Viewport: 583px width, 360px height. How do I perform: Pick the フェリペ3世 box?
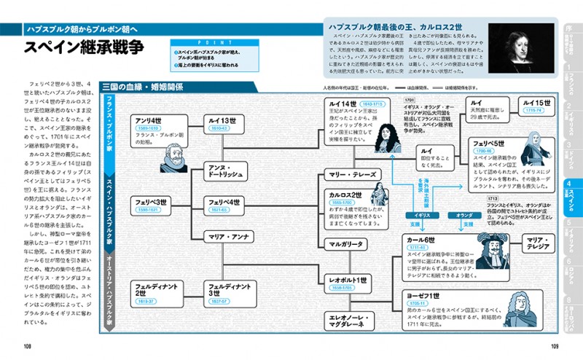tap(152, 205)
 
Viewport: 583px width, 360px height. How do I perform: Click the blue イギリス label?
tap(420, 215)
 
